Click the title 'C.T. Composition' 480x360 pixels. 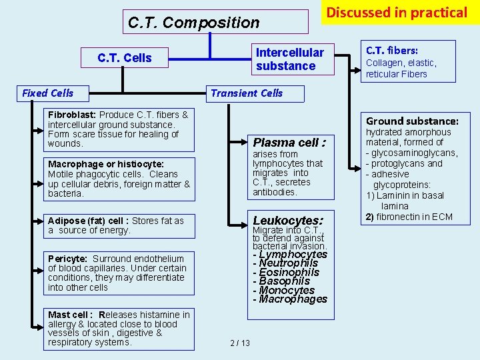(193, 23)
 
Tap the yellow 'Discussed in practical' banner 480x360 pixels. (397, 13)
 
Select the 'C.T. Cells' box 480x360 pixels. (125, 58)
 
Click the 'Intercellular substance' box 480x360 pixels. (289, 59)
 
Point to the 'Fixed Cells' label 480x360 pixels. (47, 93)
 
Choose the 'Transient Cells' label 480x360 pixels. (247, 93)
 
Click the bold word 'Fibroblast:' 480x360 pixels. (72, 115)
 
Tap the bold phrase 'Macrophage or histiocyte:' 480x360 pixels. (105, 164)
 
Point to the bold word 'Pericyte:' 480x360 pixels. (67, 259)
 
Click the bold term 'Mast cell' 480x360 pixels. (69, 315)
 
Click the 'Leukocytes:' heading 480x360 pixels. (288, 221)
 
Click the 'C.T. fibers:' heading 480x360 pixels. (392, 50)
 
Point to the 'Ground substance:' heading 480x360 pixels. (412, 121)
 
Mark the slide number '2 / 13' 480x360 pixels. (239, 343)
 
